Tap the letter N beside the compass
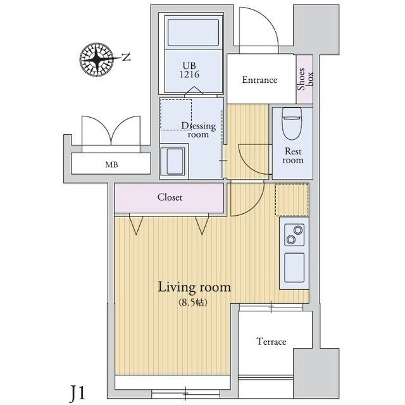126,58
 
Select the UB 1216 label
190,70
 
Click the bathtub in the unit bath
194,32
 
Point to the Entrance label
259,80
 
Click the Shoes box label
305,78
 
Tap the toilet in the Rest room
292,123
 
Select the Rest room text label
293,156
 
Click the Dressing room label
198,130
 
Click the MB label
111,165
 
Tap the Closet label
170,197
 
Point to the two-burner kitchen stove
294,235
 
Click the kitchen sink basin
294,267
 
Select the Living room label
194,287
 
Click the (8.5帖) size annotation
193,302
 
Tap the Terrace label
271,342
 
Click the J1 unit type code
77,392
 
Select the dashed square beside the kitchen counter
292,200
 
